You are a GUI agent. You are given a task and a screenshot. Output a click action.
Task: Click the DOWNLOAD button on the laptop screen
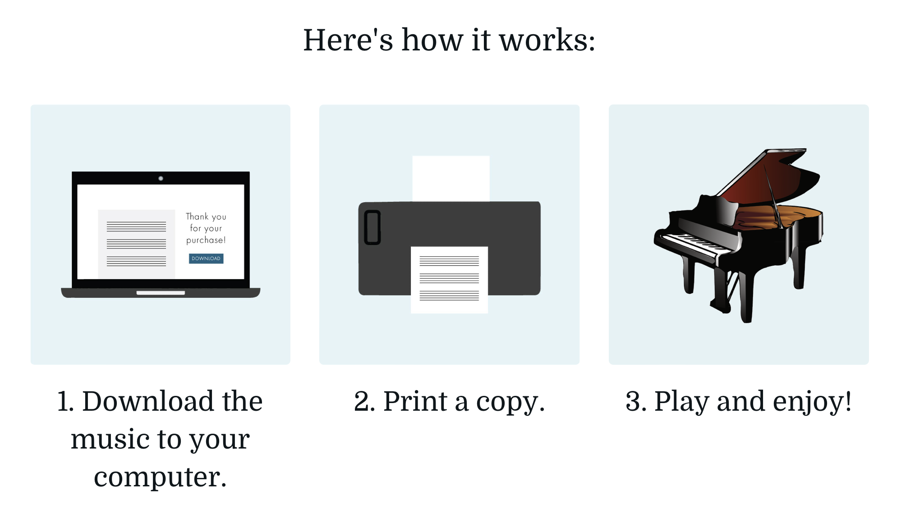click(206, 258)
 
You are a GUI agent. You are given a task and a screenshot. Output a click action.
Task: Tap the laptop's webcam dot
click(161, 178)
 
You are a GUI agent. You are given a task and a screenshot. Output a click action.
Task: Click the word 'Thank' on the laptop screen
click(197, 217)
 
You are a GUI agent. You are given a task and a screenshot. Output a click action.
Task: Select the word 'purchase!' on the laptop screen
click(206, 240)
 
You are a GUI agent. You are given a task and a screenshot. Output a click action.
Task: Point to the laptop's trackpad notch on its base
click(161, 293)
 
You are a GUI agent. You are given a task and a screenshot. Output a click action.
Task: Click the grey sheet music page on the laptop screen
click(137, 244)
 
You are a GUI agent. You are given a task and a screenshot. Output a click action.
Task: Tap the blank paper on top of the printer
click(451, 178)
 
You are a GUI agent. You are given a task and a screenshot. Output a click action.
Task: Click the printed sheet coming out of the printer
click(449, 280)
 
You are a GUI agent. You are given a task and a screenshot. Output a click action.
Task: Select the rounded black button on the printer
click(372, 227)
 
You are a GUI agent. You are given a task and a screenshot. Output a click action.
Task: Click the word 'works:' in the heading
click(547, 40)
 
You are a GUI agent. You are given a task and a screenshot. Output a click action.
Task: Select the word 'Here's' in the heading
click(348, 40)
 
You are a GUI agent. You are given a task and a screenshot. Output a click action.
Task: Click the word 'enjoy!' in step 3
click(812, 402)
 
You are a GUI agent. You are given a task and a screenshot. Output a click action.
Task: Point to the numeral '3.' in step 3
click(636, 401)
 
